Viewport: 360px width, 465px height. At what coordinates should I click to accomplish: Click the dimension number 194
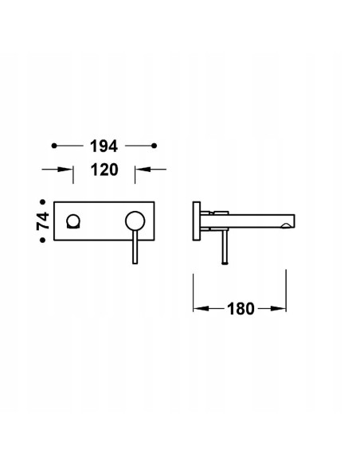pos(104,146)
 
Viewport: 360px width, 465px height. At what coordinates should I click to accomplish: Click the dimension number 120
pos(104,170)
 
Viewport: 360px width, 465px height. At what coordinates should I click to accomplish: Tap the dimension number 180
pos(239,308)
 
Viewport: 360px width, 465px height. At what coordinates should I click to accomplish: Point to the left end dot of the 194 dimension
pos(53,146)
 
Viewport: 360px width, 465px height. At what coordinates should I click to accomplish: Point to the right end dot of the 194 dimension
pos(156,146)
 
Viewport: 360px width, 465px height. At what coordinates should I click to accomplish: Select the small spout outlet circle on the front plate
pos(76,221)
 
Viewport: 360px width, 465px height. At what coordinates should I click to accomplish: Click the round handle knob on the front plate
pos(134,221)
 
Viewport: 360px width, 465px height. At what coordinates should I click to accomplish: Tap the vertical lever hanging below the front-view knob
pos(134,247)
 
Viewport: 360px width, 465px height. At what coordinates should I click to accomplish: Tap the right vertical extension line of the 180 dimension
pos(285,291)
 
